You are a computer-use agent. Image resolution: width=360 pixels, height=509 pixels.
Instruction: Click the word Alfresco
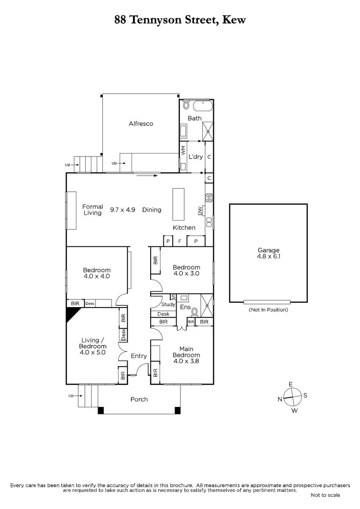pos(141,123)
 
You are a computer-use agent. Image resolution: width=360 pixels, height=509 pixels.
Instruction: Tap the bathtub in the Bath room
pos(203,106)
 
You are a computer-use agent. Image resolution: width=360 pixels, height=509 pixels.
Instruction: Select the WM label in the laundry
pos(183,151)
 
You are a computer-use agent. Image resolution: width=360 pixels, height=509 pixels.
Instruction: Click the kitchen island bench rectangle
pos(178,204)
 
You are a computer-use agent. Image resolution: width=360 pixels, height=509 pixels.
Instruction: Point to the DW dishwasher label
pos(200,210)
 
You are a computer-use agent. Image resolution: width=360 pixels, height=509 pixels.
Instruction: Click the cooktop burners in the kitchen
pos(209,198)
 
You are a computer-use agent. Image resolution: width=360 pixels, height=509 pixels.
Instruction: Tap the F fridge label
pos(180,241)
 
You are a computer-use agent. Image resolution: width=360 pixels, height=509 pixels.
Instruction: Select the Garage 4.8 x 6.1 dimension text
pos(268,253)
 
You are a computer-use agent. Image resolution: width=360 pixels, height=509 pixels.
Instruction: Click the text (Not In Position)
pos(268,310)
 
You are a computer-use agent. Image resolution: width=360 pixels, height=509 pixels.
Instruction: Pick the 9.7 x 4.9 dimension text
pos(123,210)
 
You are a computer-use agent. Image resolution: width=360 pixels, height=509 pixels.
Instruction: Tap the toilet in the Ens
pos(195,312)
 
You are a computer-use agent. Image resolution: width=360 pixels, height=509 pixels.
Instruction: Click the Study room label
pos(168,304)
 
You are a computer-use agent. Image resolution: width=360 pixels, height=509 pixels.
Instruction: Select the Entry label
pos(139,356)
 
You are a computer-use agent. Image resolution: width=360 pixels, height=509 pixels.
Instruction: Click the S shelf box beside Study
pos(173,297)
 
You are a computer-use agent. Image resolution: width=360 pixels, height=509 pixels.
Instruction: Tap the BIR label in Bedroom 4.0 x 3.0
pos(155,260)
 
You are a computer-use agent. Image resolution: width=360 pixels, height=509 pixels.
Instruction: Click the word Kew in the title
pos(234,20)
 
